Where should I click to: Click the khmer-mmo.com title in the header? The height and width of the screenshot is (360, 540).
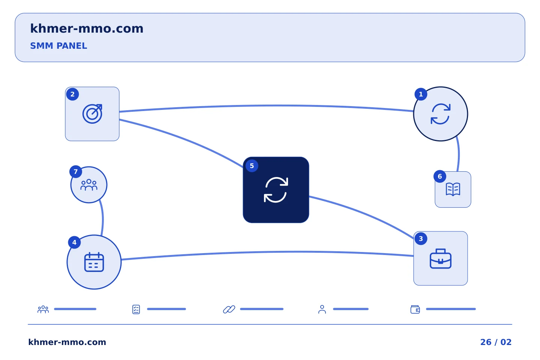pyautogui.click(x=87, y=29)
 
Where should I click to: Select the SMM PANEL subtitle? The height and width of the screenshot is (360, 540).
pyautogui.click(x=58, y=46)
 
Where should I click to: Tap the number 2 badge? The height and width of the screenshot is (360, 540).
pyautogui.click(x=73, y=94)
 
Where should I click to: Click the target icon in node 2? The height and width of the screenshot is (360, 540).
pyautogui.click(x=92, y=114)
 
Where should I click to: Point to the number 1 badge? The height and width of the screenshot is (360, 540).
pyautogui.click(x=421, y=94)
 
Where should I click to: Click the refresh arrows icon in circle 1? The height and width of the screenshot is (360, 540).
pyautogui.click(x=441, y=114)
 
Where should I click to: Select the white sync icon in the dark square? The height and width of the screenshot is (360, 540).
pyautogui.click(x=276, y=190)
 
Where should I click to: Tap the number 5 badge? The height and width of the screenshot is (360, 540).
pyautogui.click(x=252, y=166)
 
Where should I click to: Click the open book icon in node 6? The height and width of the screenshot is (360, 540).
pyautogui.click(x=453, y=189)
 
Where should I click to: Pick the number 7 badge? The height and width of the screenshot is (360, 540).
pyautogui.click(x=76, y=172)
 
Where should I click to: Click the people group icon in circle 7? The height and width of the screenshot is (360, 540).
pyautogui.click(x=89, y=185)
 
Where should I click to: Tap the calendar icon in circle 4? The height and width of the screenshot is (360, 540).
pyautogui.click(x=94, y=262)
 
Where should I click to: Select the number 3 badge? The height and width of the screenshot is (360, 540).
pyautogui.click(x=421, y=239)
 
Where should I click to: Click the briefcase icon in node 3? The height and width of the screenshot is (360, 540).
pyautogui.click(x=441, y=259)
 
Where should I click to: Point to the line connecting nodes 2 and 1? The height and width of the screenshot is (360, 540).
pyautogui.click(x=266, y=106)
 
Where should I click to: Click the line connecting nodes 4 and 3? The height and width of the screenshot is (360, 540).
pyautogui.click(x=268, y=252)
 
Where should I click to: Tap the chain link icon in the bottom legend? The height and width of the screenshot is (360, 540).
pyautogui.click(x=229, y=309)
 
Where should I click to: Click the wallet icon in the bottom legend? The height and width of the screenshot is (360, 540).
pyautogui.click(x=415, y=309)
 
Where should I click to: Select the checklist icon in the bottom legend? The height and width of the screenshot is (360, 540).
pyautogui.click(x=136, y=309)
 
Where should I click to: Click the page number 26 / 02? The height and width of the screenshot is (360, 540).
pyautogui.click(x=496, y=342)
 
